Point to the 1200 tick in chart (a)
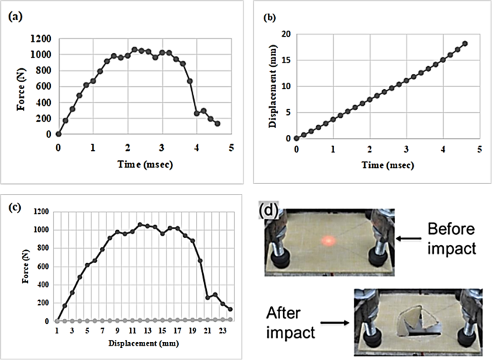coord(40,38)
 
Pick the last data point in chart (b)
coord(465,43)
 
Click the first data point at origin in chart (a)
coord(58,134)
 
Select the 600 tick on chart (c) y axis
coord(42,266)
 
